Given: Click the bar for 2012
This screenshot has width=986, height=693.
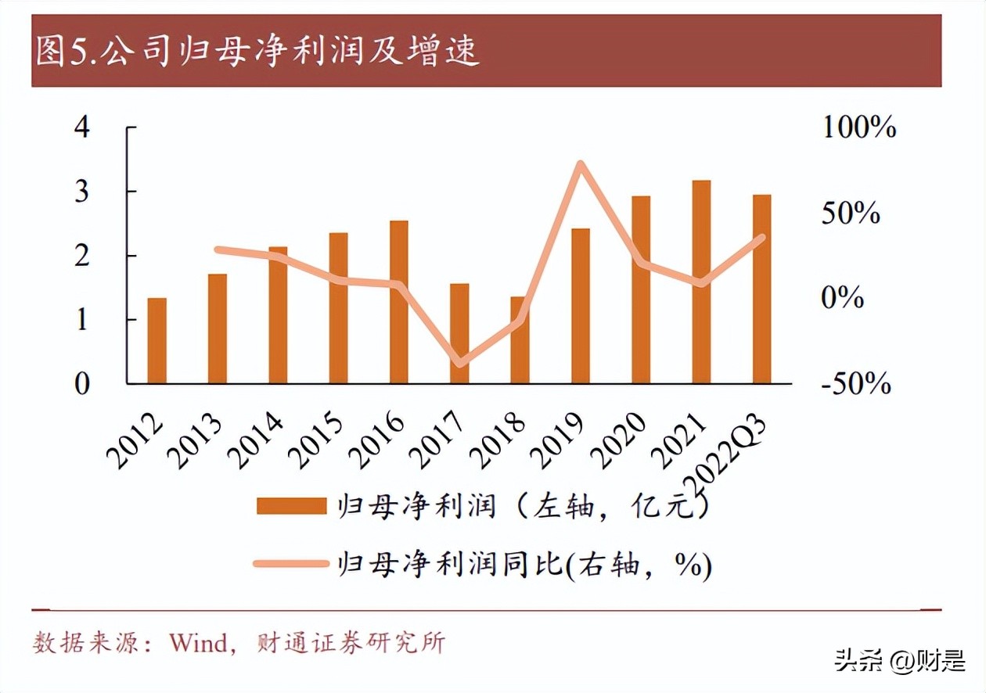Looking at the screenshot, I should (x=157, y=341).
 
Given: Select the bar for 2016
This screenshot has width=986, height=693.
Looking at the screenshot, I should (x=399, y=303).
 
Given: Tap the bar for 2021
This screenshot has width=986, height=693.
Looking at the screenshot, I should (x=702, y=282).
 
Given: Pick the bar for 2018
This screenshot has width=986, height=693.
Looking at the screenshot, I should (x=520, y=341).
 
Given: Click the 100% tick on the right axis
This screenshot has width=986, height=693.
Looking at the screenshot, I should (x=858, y=127).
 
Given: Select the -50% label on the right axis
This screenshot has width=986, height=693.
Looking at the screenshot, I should (x=856, y=383).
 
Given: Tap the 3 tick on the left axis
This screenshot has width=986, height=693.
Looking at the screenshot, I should (x=82, y=192).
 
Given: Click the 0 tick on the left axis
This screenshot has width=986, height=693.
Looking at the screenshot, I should (x=82, y=384).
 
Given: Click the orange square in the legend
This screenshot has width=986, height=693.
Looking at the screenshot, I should (x=291, y=507).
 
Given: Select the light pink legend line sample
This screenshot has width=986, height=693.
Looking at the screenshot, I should (x=291, y=562).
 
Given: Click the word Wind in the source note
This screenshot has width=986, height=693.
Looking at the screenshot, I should (x=197, y=643).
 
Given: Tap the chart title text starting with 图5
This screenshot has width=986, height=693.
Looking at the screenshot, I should (x=258, y=52).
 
